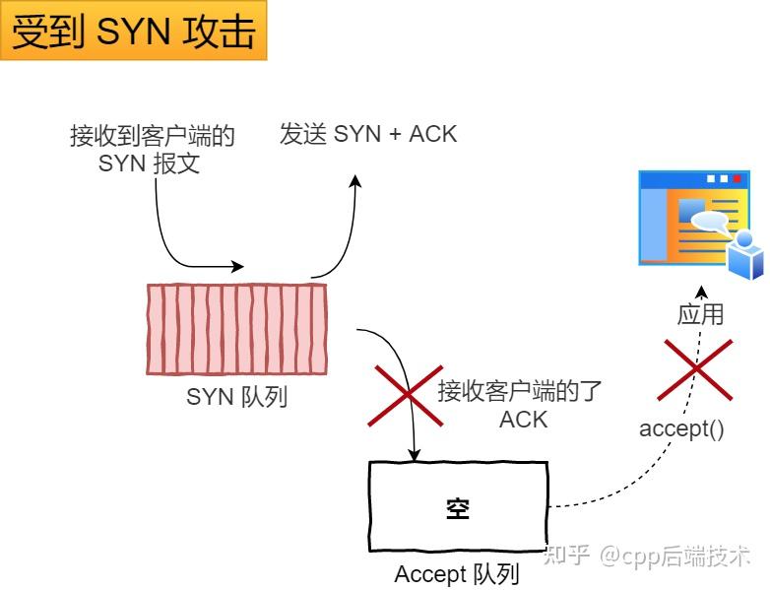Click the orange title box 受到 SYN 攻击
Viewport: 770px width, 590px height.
click(x=133, y=32)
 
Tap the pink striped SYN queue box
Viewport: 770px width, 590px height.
click(x=235, y=329)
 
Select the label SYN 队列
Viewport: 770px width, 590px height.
click(x=236, y=397)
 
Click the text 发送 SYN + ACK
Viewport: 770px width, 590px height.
click(x=368, y=134)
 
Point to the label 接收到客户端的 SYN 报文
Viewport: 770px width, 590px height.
click(x=152, y=149)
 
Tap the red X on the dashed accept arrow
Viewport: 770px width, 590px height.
click(x=696, y=369)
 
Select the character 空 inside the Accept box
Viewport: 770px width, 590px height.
click(x=458, y=508)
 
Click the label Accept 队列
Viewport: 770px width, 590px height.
click(x=456, y=573)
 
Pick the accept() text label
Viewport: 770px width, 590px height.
click(x=681, y=428)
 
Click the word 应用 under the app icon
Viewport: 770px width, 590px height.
click(x=700, y=314)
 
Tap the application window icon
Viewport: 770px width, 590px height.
click(x=689, y=219)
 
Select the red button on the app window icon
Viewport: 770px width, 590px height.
click(x=738, y=179)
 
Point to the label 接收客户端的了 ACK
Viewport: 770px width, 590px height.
click(x=519, y=404)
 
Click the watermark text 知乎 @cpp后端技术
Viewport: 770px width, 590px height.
click(x=647, y=556)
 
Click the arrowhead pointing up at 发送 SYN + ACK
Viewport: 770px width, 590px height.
click(x=356, y=182)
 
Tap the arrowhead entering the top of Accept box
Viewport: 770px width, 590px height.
click(x=415, y=455)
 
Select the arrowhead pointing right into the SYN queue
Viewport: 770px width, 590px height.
click(x=237, y=266)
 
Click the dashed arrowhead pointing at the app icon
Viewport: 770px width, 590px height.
click(x=701, y=292)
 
